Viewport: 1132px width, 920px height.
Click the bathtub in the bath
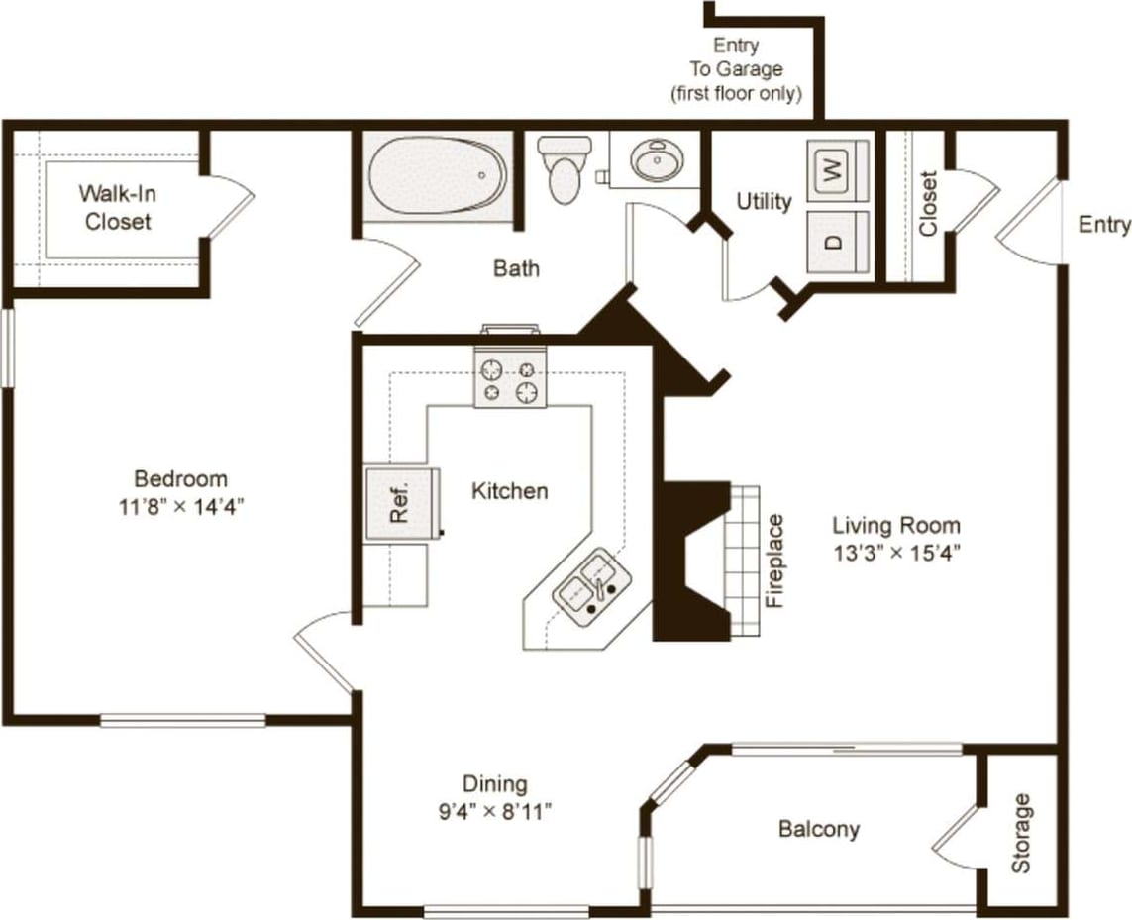(x=437, y=175)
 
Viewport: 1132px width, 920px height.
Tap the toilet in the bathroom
(x=564, y=169)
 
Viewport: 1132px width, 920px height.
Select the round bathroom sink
(x=655, y=160)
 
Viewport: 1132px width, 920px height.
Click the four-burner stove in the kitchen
(x=510, y=379)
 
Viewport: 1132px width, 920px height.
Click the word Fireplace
(x=775, y=561)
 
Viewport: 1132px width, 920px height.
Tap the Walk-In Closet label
(x=118, y=207)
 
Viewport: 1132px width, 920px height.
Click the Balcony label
(x=818, y=829)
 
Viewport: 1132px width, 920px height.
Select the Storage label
(x=1020, y=833)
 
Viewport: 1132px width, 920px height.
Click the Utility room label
(x=764, y=202)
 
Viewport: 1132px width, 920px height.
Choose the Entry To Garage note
(x=735, y=69)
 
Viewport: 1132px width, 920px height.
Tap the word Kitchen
(x=509, y=490)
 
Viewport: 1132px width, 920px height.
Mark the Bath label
(x=516, y=267)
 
